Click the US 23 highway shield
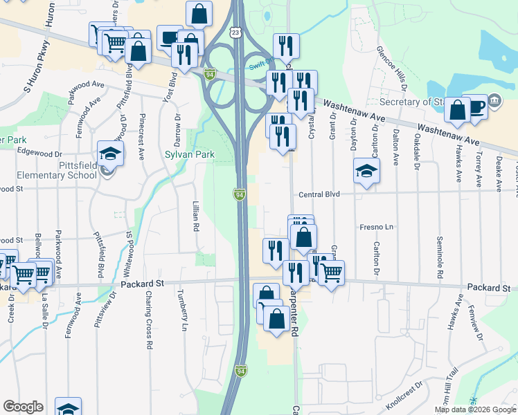tap(236, 33)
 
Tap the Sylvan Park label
tap(189, 154)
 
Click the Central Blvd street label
tap(319, 195)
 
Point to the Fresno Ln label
tap(376, 227)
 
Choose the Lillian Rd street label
tap(196, 216)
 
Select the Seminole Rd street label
tap(439, 259)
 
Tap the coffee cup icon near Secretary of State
tap(476, 107)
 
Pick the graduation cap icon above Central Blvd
tap(366, 171)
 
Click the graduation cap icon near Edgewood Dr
tap(110, 153)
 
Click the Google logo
tap(23, 407)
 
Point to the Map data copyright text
tap(476, 409)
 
